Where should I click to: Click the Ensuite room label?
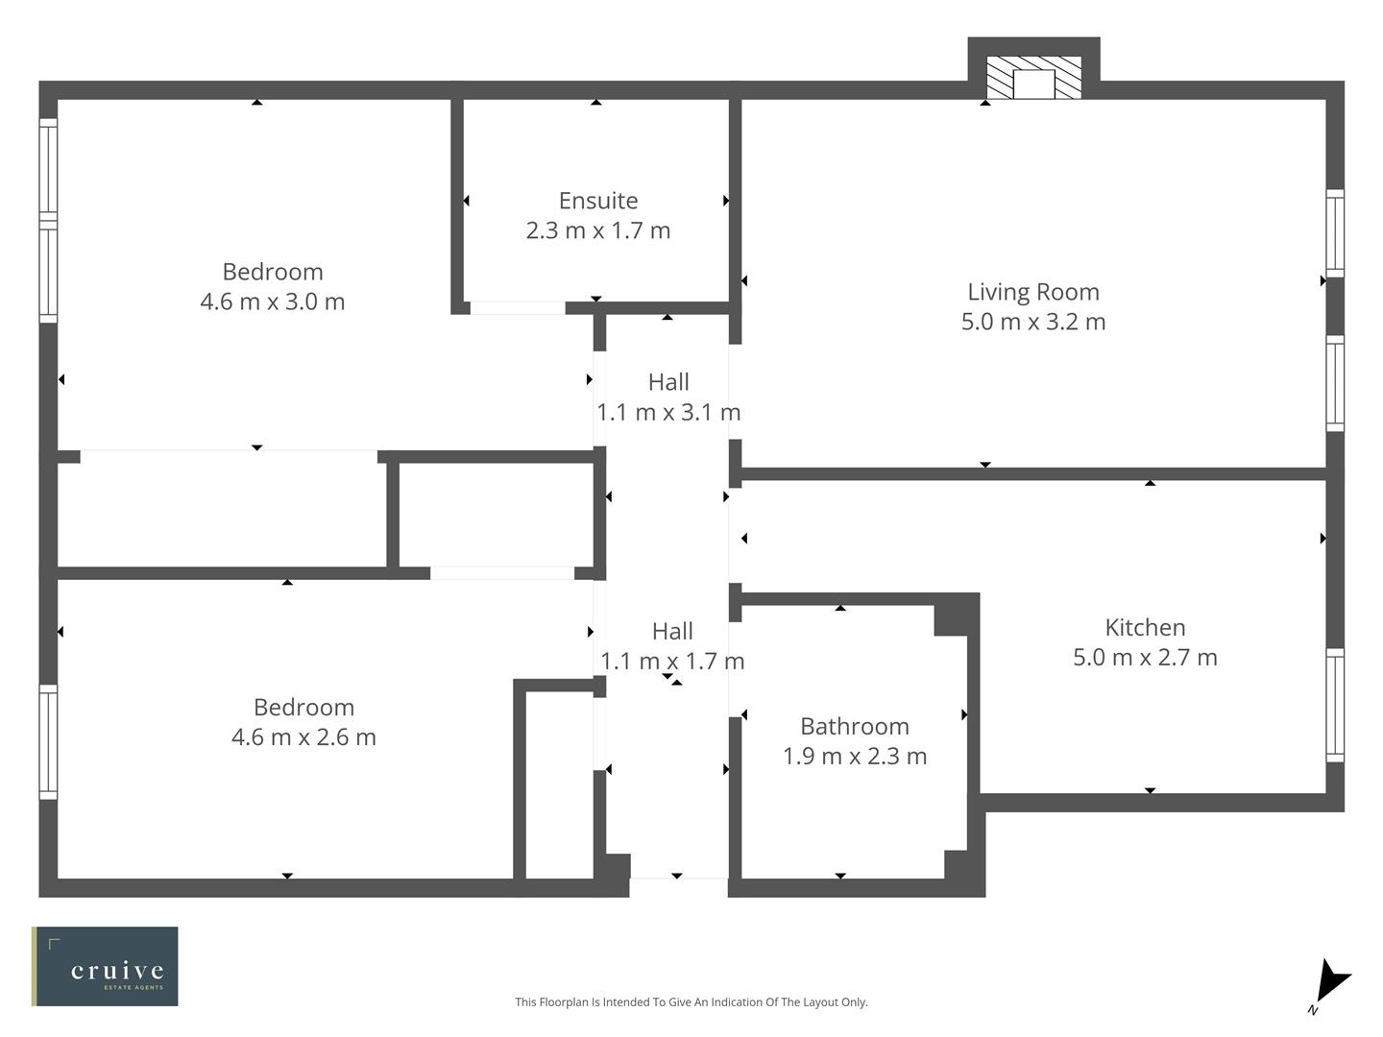597,201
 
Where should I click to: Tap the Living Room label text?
1032,292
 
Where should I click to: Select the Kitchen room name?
1145,628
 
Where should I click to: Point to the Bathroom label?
854,727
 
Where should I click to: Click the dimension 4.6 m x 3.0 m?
272,301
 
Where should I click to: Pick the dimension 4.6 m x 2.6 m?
303,737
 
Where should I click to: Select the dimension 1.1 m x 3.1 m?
668,412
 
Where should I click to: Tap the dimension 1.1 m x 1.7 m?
672,662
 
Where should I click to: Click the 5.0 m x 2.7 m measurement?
1145,658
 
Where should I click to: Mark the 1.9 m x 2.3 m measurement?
854,757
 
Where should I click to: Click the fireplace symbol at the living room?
1033,78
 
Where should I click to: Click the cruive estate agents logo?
105,966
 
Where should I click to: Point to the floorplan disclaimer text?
691,1002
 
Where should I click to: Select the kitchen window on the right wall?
1335,706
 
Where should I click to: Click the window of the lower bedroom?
48,741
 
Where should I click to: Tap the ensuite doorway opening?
517,308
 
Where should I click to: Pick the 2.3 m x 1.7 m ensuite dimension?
597,230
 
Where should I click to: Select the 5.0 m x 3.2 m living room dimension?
1032,322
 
